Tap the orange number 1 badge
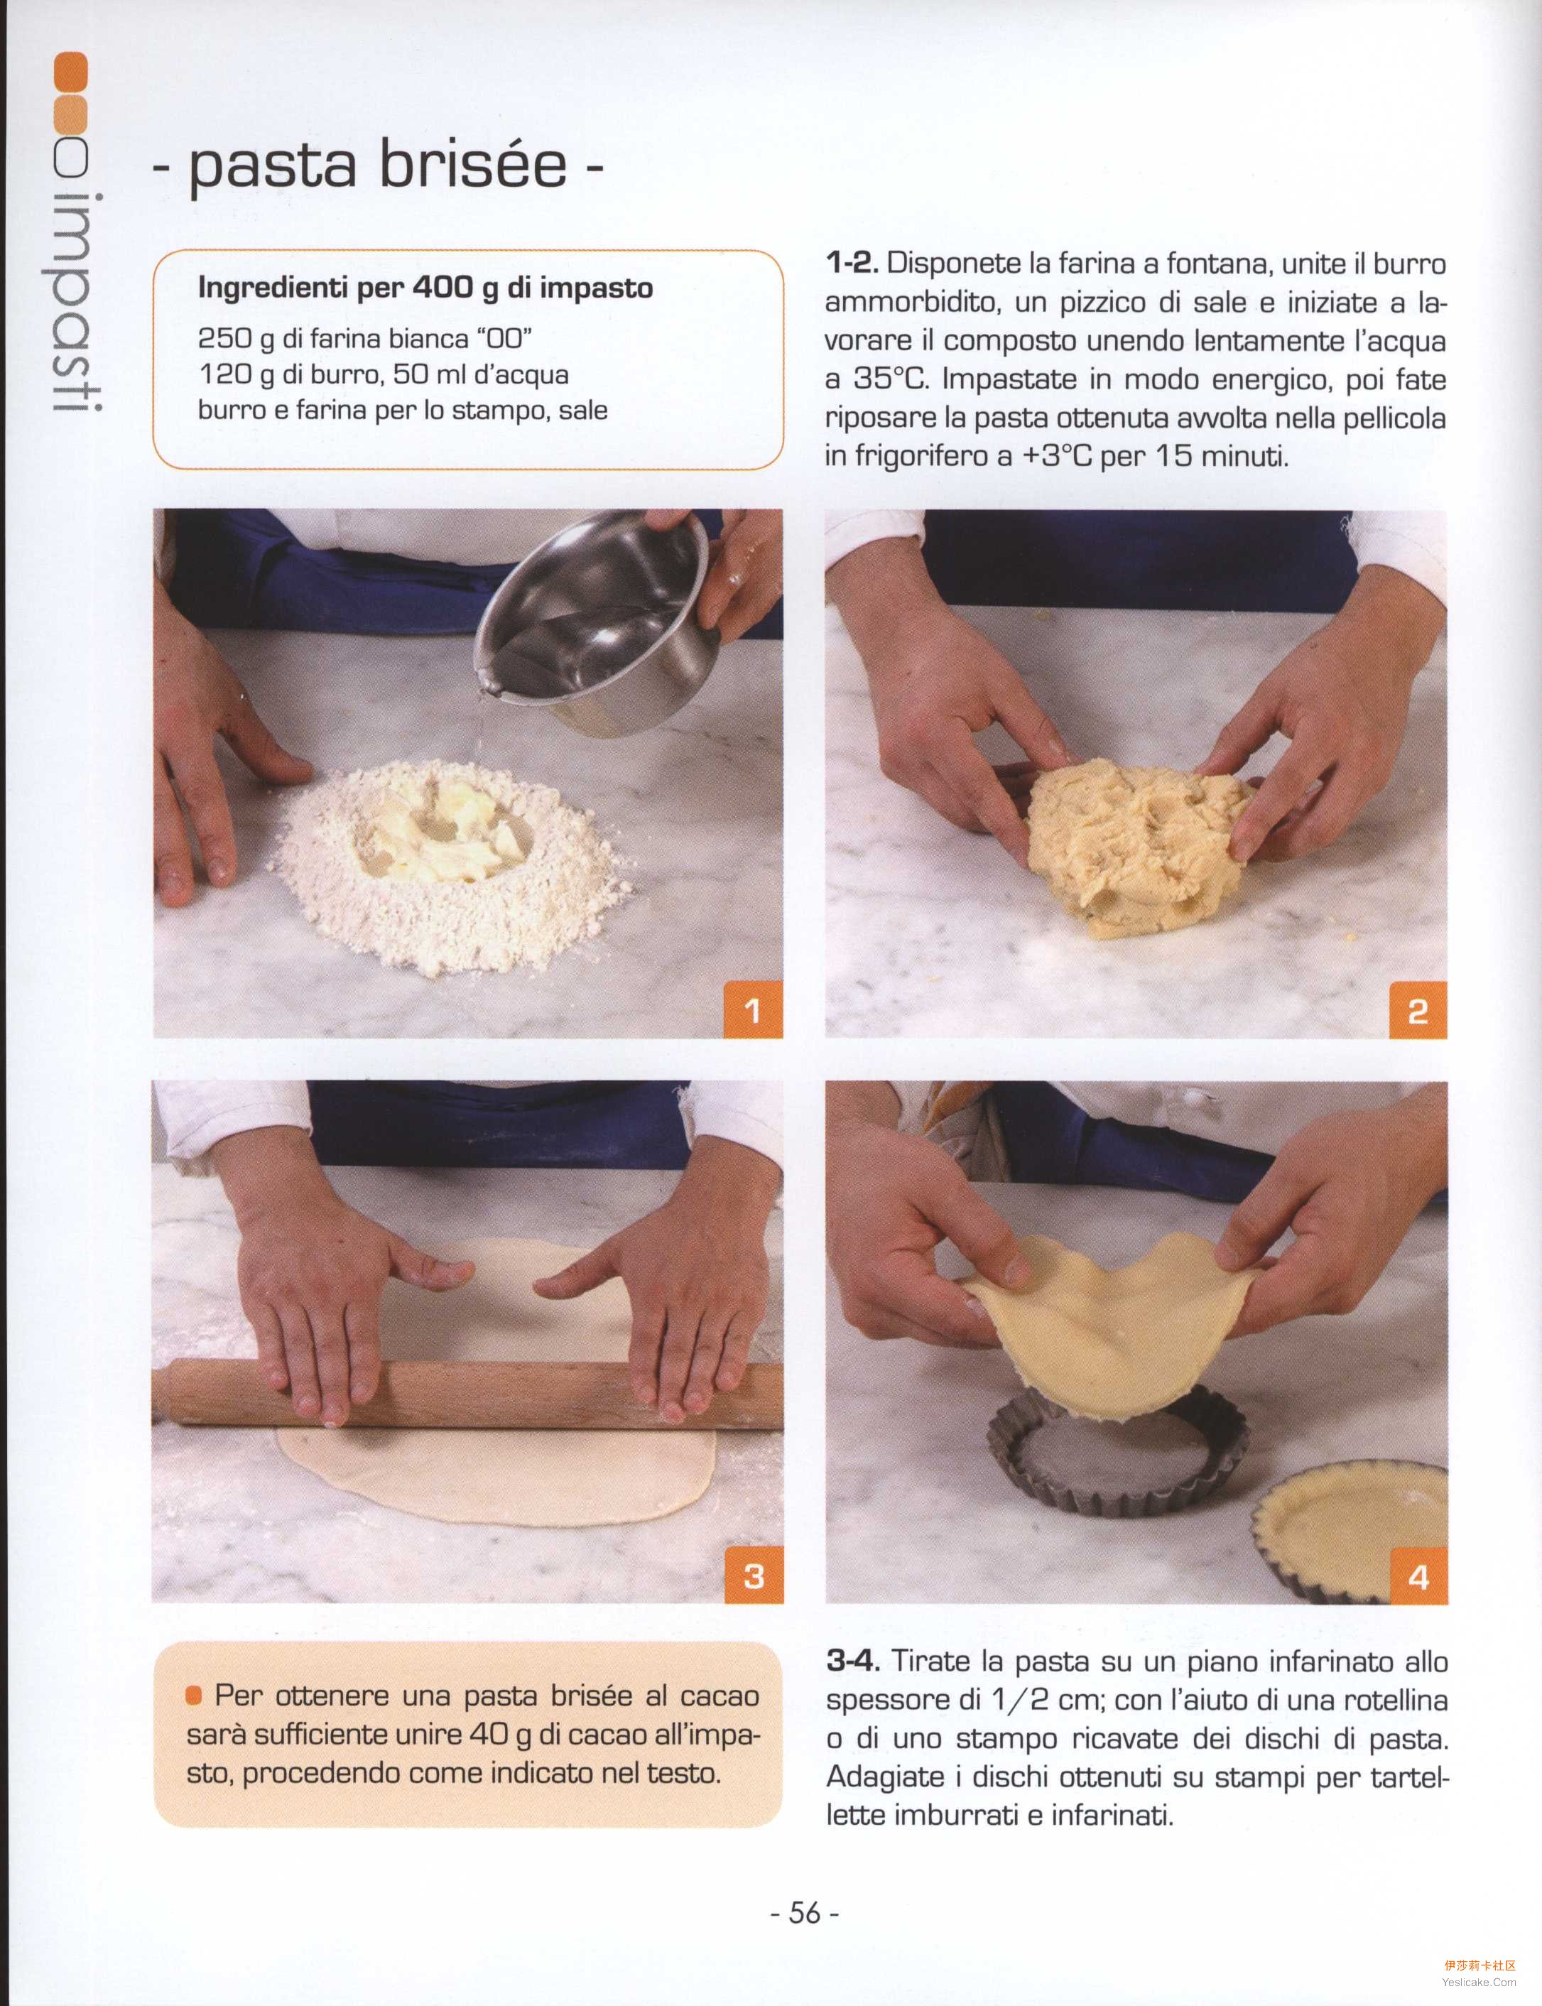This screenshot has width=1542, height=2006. (x=754, y=1010)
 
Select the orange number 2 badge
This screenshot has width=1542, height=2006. (x=1418, y=1010)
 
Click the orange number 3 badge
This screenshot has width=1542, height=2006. (x=754, y=1576)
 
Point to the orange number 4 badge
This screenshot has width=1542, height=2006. (x=1419, y=1576)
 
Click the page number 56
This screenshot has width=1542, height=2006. (x=805, y=1912)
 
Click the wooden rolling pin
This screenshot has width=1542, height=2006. (x=468, y=1394)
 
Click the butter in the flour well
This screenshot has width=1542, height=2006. (x=440, y=831)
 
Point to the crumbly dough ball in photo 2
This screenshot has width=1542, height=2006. (x=1138, y=845)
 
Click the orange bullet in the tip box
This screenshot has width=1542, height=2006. (x=194, y=1696)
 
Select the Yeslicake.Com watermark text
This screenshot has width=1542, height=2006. (x=1479, y=1982)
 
